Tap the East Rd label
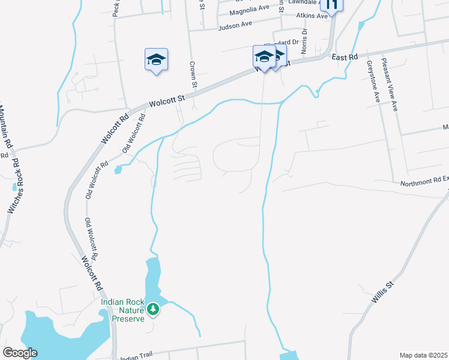345,56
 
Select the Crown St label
193,74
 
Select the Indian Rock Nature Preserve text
122,310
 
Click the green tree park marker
154,309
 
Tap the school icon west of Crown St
156,59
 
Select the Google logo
20,353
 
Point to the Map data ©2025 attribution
423,355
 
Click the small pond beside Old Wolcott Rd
117,170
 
